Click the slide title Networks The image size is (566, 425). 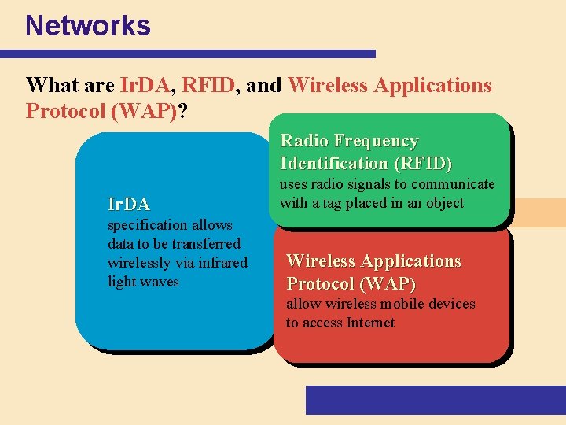pos(87,26)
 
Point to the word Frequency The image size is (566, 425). pos(376,141)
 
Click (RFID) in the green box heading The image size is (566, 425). pos(422,164)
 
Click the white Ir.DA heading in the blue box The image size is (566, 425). pos(128,205)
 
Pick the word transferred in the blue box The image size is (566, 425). pos(208,244)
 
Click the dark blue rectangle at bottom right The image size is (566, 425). pos(436,400)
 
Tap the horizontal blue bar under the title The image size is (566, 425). pos(188,54)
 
